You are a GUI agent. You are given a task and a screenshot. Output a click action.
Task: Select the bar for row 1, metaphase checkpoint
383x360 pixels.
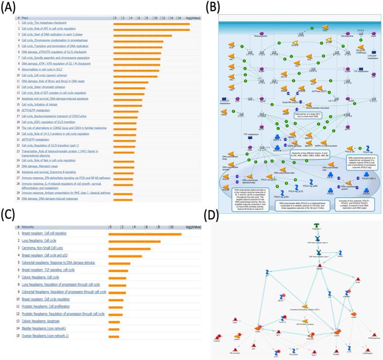pyautogui.click(x=152, y=23)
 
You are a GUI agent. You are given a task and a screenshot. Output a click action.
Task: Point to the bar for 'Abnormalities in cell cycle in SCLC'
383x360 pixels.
pyautogui.click(x=136, y=70)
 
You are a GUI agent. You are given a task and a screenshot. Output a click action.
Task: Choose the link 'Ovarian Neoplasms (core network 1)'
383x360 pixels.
pyautogui.click(x=45, y=336)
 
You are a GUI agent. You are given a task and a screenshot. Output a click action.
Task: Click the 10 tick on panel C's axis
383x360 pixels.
pyautogui.click(x=171, y=227)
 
